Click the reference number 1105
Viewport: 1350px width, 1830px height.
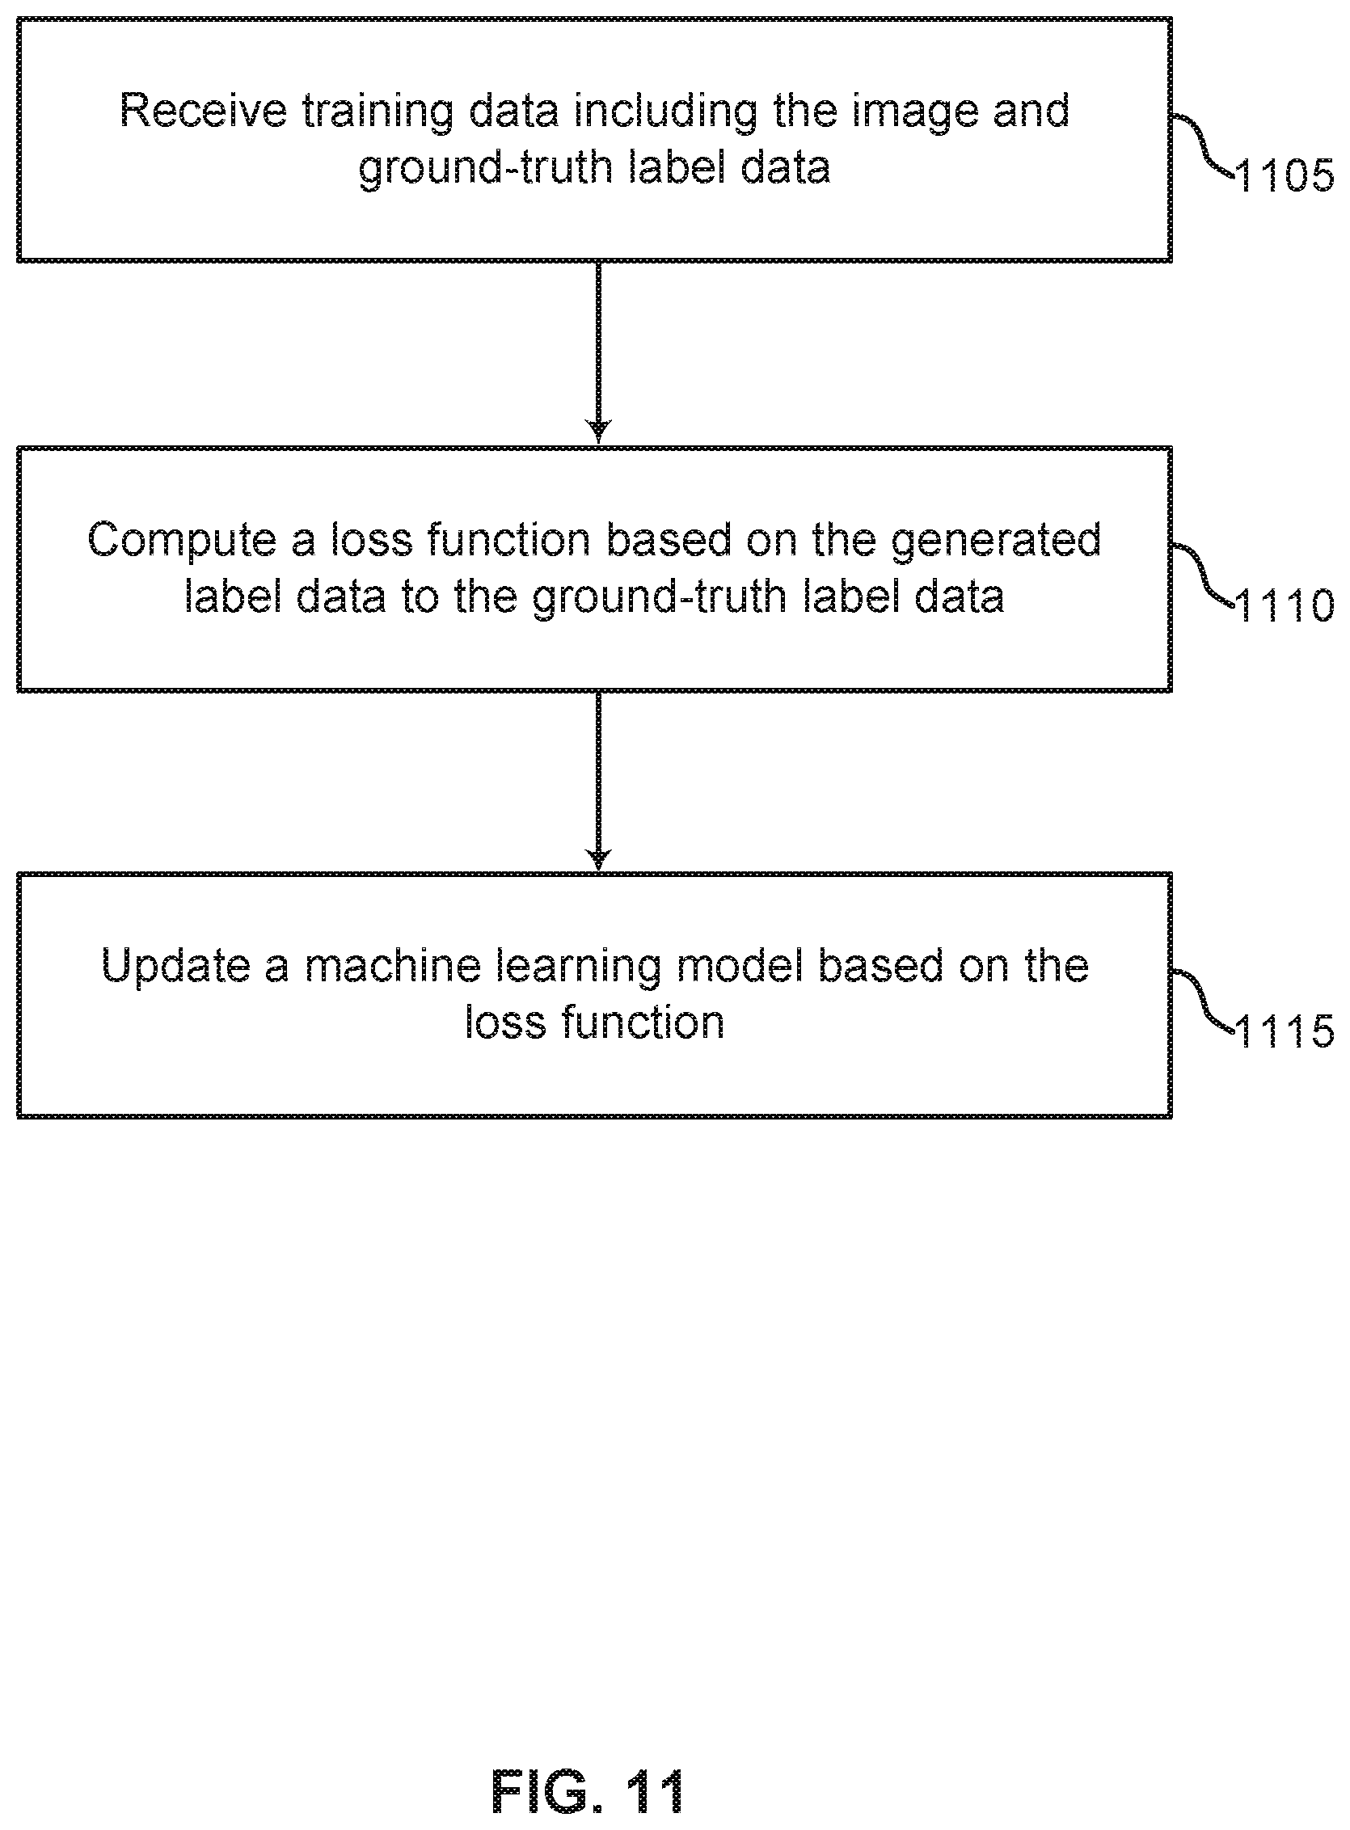[1285, 175]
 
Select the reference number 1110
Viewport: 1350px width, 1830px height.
[1285, 605]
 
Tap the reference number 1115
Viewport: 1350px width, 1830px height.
[1285, 1031]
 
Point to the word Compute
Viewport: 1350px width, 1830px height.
[181, 541]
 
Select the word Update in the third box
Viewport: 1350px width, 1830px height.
[175, 967]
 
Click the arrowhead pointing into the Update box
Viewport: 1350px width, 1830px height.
[599, 859]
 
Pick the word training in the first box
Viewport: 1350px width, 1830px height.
[378, 112]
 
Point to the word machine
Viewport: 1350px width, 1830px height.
[393, 967]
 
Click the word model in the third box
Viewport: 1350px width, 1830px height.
[739, 967]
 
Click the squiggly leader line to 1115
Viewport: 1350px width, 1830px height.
[1204, 1001]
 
